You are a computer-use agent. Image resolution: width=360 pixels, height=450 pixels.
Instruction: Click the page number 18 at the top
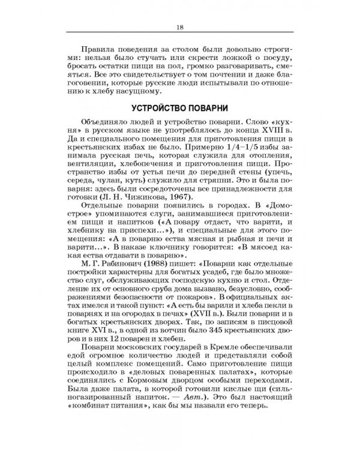180,27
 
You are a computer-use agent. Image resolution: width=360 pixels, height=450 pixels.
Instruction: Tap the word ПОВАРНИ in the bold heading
211,108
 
